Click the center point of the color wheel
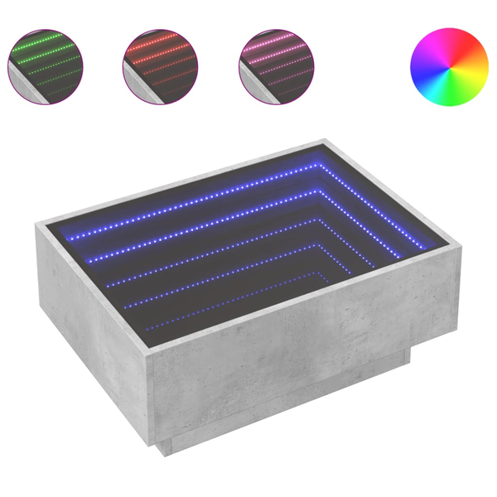tap(450, 68)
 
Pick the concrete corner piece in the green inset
tap(20, 83)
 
